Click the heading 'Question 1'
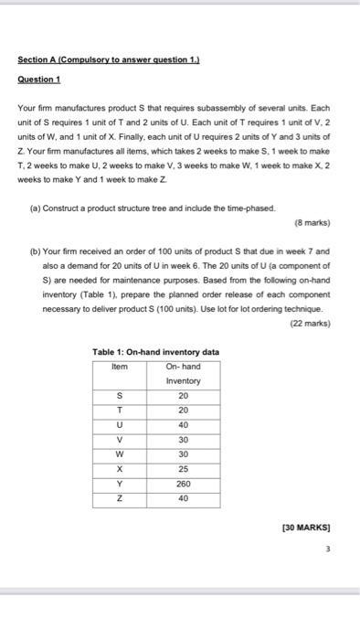[x=39, y=80]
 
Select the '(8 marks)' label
[x=312, y=222]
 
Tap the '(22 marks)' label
[x=310, y=323]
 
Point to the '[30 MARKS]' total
[x=310, y=527]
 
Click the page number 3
[x=327, y=549]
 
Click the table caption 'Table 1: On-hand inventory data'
[x=156, y=353]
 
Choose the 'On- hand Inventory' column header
[x=183, y=374]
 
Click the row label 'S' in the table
[x=121, y=395]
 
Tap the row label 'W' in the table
[x=121, y=454]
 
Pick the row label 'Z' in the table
[x=121, y=498]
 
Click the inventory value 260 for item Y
[x=183, y=484]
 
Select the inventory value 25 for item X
[x=183, y=469]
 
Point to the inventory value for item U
[x=183, y=424]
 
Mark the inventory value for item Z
[x=183, y=498]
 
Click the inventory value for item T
[x=183, y=410]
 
